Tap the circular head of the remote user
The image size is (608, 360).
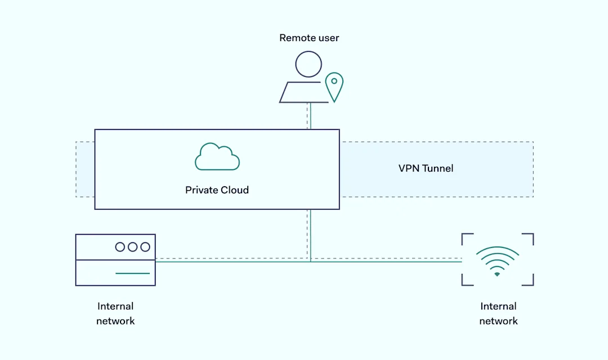point(309,64)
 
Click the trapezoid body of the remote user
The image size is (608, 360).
point(305,93)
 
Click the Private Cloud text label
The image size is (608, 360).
point(217,190)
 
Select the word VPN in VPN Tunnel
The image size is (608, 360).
point(409,168)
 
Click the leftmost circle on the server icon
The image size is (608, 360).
point(120,247)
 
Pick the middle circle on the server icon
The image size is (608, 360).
point(133,247)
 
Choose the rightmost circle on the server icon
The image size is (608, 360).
point(145,247)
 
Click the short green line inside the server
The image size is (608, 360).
point(133,273)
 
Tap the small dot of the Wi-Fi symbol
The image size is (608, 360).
point(497,274)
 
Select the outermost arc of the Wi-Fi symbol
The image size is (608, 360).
point(497,250)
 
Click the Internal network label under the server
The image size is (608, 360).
point(115,314)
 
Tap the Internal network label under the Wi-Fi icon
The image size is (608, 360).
point(498,314)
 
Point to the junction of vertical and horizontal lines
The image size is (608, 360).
point(310,261)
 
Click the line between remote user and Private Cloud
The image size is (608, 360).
point(310,116)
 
